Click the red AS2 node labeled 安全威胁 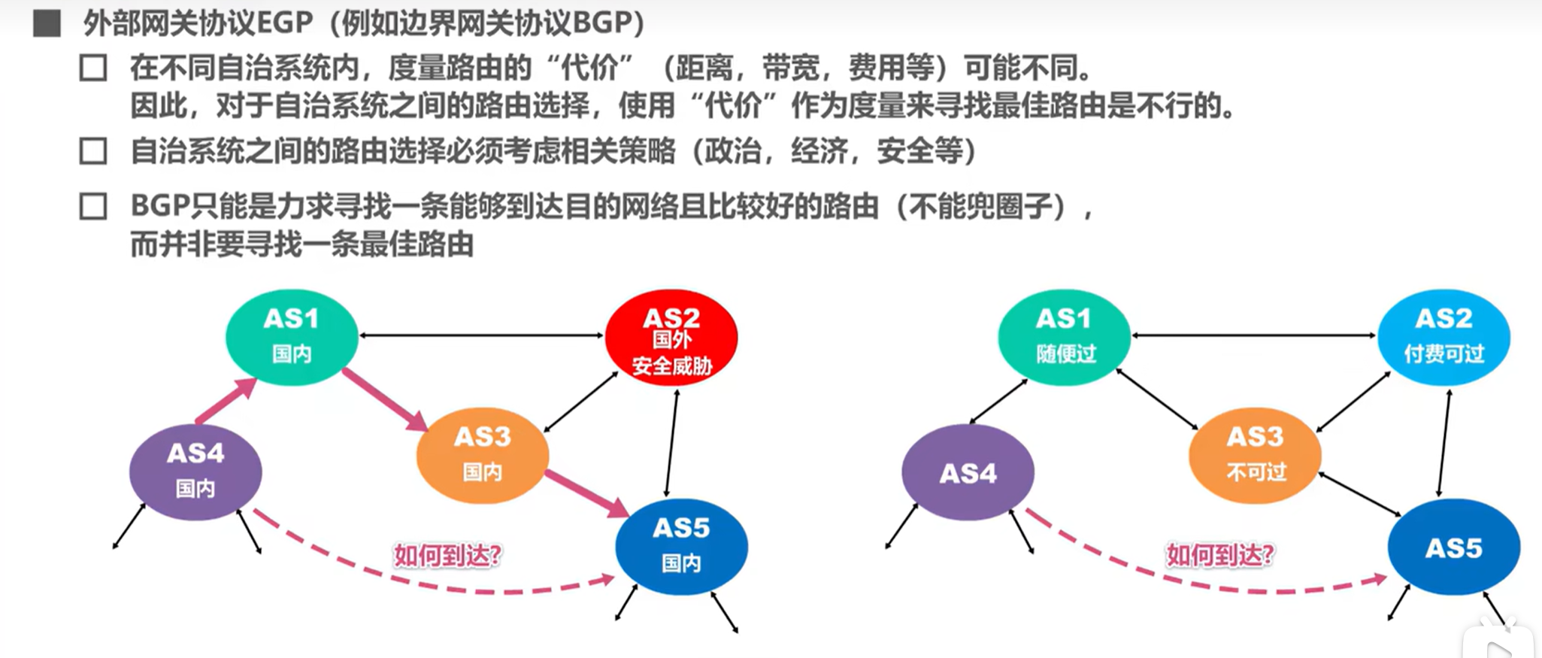coord(671,338)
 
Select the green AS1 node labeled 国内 coord(292,337)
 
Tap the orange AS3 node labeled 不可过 coord(1255,455)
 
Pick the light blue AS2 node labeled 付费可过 coord(1444,337)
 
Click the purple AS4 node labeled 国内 coord(195,472)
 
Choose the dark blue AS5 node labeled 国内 coord(681,547)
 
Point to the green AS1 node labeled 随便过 coord(1064,337)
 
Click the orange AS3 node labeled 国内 coord(482,455)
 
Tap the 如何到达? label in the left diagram coord(447,556)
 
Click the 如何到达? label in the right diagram coord(1219,556)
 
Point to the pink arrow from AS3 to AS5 coord(586,493)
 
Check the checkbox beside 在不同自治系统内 coord(93,68)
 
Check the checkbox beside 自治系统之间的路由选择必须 coord(93,151)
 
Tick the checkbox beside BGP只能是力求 coord(93,206)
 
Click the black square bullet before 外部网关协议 coord(47,23)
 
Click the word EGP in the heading coord(285,23)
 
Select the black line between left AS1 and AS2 coord(481,335)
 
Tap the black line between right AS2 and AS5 coord(1444,444)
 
